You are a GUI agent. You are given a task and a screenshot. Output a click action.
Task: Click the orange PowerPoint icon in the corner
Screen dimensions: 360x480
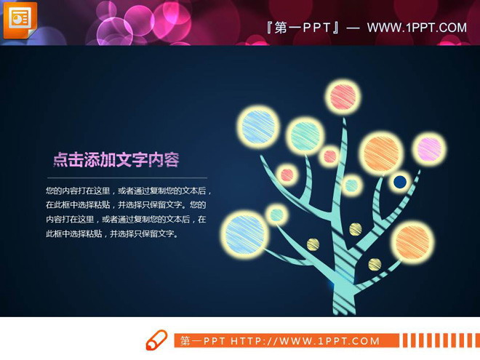[x=20, y=19]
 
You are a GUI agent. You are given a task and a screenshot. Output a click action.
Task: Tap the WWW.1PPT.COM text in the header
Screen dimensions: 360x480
[x=416, y=28]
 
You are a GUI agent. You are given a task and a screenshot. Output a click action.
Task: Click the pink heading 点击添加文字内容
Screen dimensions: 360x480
[x=116, y=160]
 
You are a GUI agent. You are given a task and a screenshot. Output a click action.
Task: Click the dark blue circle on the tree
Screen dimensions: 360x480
[x=399, y=182]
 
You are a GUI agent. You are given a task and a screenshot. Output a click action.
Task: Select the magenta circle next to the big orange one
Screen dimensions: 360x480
[x=430, y=149]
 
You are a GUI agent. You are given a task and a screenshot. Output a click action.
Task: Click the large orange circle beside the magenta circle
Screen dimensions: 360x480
[x=382, y=153]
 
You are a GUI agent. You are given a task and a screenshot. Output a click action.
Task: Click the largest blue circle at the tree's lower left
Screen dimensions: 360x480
[x=244, y=233]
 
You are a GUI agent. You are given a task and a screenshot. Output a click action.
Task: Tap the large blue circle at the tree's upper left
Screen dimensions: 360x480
[x=260, y=126]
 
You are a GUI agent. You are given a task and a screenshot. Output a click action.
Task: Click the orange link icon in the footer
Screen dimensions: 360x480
[x=156, y=340]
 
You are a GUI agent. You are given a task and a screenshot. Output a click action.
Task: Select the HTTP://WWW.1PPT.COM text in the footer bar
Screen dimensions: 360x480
[x=305, y=340]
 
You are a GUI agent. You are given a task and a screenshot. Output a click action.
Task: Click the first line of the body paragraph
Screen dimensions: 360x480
[x=129, y=191]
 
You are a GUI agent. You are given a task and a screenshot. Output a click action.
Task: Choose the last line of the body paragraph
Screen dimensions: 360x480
[x=111, y=234]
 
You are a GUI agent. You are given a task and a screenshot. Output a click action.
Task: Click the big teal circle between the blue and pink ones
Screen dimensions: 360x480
[x=305, y=135]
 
